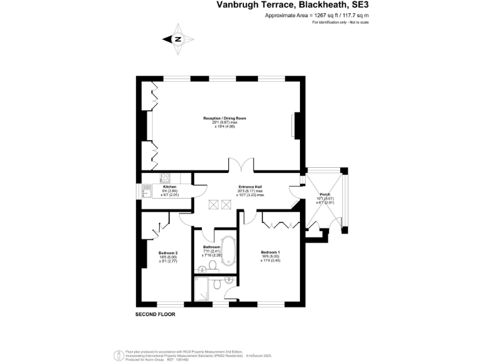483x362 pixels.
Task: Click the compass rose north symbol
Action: pos(178,39)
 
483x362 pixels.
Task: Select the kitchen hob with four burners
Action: pos(167,177)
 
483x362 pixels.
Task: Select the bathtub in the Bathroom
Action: pos(226,250)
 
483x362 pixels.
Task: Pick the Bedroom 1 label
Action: pos(270,252)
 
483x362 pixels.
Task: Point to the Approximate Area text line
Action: pos(316,15)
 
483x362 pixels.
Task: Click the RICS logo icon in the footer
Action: pos(117,354)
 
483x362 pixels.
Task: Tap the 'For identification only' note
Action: pos(340,23)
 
